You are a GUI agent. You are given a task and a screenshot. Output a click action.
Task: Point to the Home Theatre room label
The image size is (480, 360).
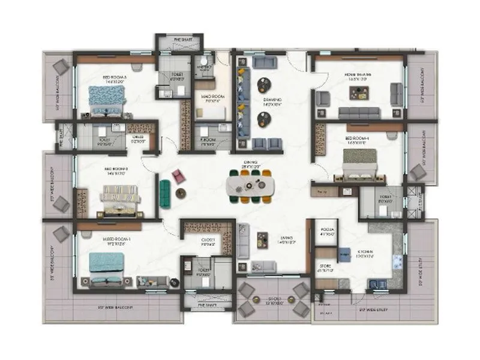pos(358,76)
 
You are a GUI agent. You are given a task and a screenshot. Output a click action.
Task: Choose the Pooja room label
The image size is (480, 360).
pos(327,230)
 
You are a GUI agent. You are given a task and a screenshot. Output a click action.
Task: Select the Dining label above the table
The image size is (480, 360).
pos(250,163)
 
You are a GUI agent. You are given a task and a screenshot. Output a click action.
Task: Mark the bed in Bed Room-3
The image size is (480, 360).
pos(107,98)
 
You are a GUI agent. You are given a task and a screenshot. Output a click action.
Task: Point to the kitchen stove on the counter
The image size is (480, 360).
pos(396,262)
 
